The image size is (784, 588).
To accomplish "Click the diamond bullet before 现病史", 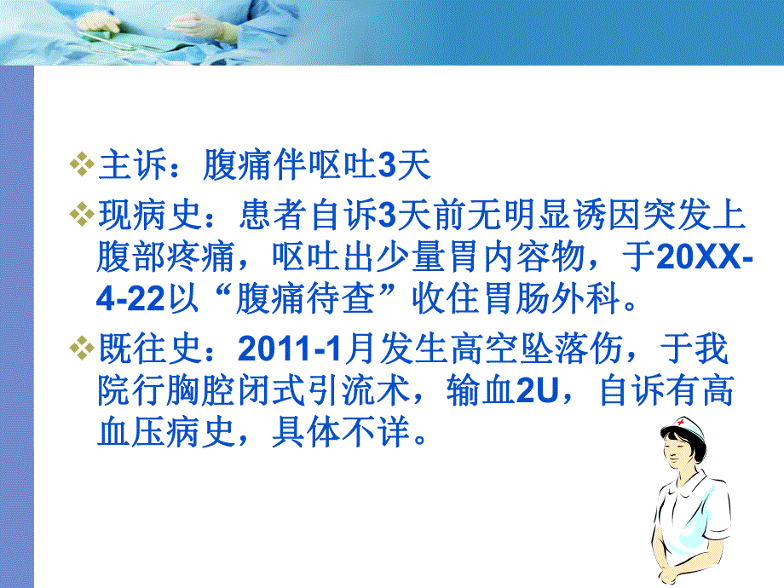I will click(82, 214).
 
